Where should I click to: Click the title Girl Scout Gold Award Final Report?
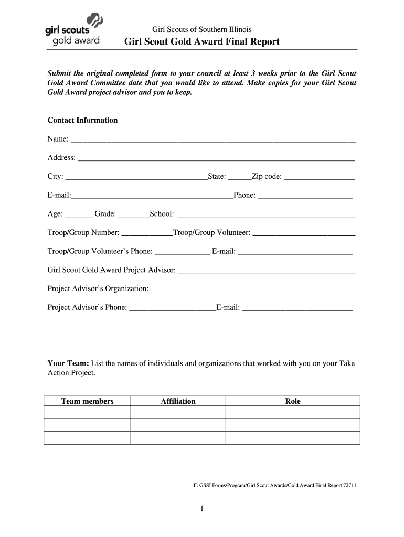[201, 41]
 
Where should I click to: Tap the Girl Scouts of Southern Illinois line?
[201, 29]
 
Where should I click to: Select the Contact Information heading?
[82, 120]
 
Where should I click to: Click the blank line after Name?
[212, 140]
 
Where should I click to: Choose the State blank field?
[239, 177]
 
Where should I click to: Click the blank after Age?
[79, 214]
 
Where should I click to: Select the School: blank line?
[267, 214]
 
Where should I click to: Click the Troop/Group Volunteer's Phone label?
[100, 251]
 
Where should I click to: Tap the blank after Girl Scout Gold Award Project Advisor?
[267, 271]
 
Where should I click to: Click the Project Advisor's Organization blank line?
[251, 289]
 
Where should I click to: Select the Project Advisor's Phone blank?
[172, 308]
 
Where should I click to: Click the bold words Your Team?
[69, 363]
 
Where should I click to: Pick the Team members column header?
[87, 401]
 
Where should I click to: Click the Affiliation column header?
[178, 401]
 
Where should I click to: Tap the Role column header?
[293, 401]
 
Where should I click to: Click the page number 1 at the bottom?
[201, 508]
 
